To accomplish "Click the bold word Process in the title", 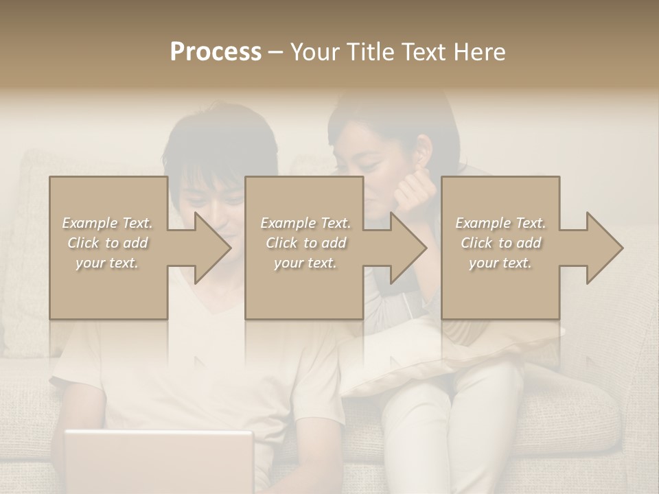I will click(216, 52).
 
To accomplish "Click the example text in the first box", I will click(108, 243).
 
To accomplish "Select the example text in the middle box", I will click(305, 243).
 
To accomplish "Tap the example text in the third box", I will click(500, 243).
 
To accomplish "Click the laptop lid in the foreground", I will click(159, 460).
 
